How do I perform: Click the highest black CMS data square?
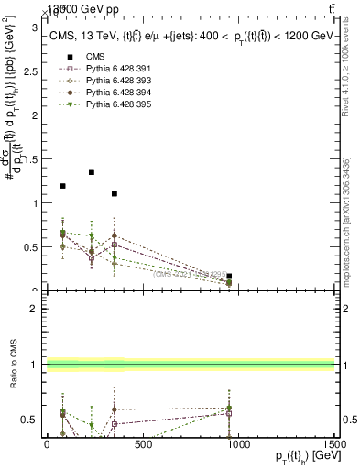coord(92,172)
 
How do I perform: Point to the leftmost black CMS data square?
coord(62,186)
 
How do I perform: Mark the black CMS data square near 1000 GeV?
coord(229,276)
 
